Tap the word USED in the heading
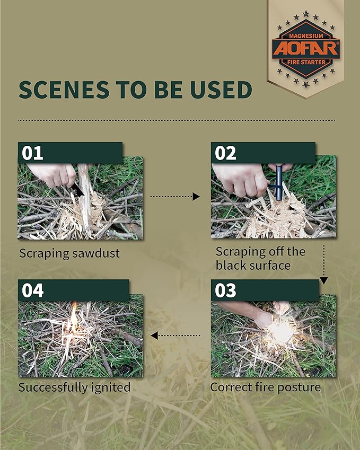221,89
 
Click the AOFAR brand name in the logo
306,48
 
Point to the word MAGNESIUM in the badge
306,36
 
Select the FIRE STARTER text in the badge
306,62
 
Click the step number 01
32,153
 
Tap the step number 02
225,153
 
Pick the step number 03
225,290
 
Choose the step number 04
33,290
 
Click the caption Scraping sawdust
69,253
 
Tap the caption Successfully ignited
74,387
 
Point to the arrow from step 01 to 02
175,197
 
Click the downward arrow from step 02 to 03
324,264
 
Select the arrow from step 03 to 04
175,335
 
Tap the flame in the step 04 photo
74,317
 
